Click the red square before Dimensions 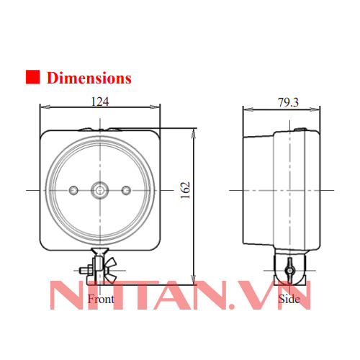[x=32, y=78]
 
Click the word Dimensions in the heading [x=89, y=78]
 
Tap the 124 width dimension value [x=100, y=102]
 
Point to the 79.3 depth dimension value [x=288, y=102]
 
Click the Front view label [x=100, y=297]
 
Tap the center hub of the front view [x=99, y=189]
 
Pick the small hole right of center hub [x=127, y=189]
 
